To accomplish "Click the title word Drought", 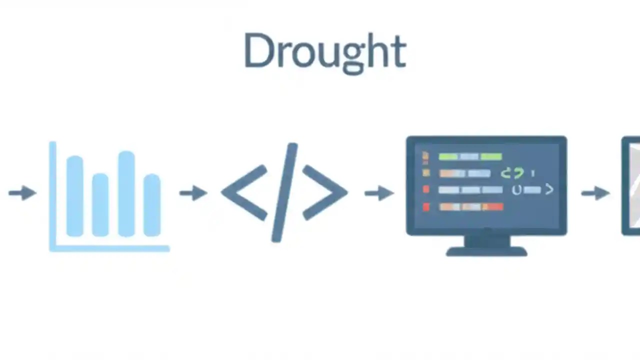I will click(324, 51).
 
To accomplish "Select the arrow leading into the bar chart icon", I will click(22, 193).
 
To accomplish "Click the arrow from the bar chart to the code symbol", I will click(193, 193).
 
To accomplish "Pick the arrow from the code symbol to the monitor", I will click(378, 193).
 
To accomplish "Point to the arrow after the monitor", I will click(595, 193).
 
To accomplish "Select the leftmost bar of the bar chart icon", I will click(74, 195).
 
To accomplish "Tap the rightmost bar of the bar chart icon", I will click(152, 204).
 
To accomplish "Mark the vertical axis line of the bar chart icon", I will click(52, 195).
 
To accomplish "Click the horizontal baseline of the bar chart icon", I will click(110, 248).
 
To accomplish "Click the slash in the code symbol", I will click(284, 193).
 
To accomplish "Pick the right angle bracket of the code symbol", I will click(325, 193).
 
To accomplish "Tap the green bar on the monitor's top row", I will click(470, 157).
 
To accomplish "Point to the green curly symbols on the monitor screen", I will click(512, 173).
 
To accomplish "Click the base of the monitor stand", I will click(486, 251).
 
